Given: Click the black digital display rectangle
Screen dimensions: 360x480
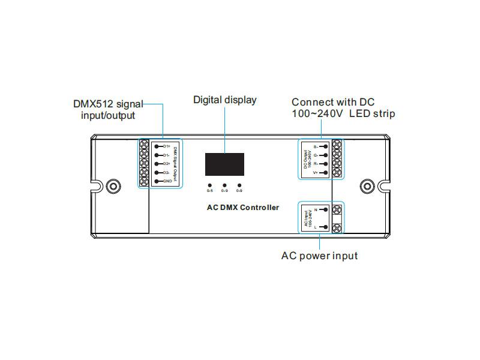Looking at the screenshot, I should point(224,164).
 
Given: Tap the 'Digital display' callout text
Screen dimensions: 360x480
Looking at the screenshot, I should point(224,100).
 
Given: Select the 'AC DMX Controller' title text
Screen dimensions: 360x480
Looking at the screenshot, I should point(239,208).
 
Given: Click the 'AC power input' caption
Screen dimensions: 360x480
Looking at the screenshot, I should point(319,256).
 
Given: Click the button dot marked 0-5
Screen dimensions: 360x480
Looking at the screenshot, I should point(209,185).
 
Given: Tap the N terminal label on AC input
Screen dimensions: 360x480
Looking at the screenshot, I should point(316,209).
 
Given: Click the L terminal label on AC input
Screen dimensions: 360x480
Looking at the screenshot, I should point(316,227).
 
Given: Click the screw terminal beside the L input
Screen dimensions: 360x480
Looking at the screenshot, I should point(337,228).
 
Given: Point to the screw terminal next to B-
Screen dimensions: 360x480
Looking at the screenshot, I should point(337,145).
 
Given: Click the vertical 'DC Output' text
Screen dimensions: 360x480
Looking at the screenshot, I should point(305,159).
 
